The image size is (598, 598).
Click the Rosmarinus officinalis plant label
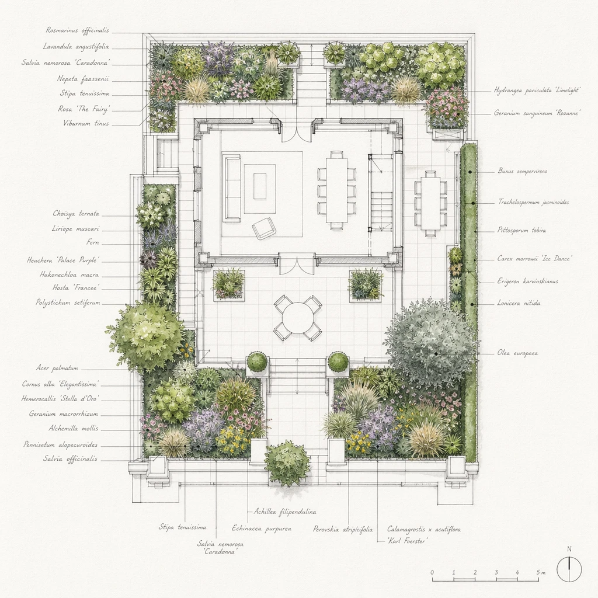pyautogui.click(x=78, y=30)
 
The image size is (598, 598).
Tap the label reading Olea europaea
pyautogui.click(x=517, y=353)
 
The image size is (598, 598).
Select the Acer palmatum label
pyautogui.click(x=57, y=368)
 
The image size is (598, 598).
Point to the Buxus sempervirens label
pyautogui.click(x=523, y=171)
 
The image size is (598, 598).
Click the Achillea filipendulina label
pyautogui.click(x=285, y=512)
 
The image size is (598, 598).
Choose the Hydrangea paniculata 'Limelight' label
pyautogui.click(x=537, y=91)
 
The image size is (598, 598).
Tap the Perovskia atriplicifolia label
pyautogui.click(x=343, y=529)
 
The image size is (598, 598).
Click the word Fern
pyautogui.click(x=93, y=242)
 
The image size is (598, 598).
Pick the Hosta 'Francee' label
pyautogui.click(x=77, y=287)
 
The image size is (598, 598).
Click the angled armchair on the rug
pyautogui.click(x=264, y=228)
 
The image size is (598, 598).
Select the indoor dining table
pyautogui.click(x=336, y=191)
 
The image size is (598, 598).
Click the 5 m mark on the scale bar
pyautogui.click(x=541, y=572)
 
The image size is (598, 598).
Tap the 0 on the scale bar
pyautogui.click(x=432, y=572)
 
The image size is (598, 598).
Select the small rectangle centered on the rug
pyautogui.click(x=260, y=186)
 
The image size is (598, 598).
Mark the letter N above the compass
pyautogui.click(x=569, y=549)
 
